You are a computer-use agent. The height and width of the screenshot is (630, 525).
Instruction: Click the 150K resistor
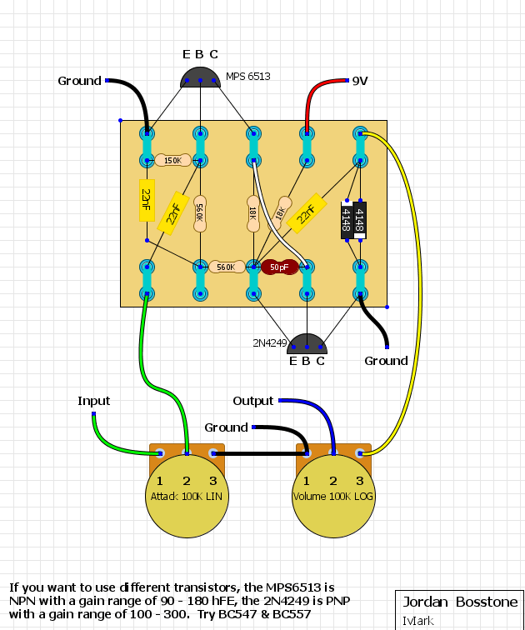(x=172, y=160)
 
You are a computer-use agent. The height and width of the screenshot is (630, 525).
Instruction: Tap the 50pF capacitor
(x=279, y=267)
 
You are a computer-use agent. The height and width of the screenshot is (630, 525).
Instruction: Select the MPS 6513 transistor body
(x=201, y=77)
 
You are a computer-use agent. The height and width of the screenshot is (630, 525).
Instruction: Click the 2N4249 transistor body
(x=307, y=344)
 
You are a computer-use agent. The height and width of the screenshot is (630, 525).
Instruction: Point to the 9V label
(x=360, y=81)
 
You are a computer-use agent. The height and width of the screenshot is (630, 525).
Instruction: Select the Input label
(x=93, y=401)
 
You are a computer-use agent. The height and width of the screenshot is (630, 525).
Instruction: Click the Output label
(x=253, y=401)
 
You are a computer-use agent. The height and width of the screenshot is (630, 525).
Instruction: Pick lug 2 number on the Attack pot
(x=187, y=481)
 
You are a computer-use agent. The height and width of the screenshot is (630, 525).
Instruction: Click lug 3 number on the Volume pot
(x=359, y=481)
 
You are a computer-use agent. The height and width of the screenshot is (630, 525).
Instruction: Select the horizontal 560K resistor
(x=227, y=267)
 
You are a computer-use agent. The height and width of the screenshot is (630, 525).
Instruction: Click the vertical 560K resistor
(x=200, y=213)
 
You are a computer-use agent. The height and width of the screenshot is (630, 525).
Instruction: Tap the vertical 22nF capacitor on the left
(x=147, y=201)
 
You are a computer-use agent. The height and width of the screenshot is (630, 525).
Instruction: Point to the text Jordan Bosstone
(x=460, y=602)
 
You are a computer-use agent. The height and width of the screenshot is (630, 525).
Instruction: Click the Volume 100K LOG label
(x=333, y=497)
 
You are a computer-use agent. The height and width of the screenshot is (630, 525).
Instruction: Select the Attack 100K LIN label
(x=187, y=497)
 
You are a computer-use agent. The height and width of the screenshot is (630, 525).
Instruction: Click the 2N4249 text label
(x=269, y=342)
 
